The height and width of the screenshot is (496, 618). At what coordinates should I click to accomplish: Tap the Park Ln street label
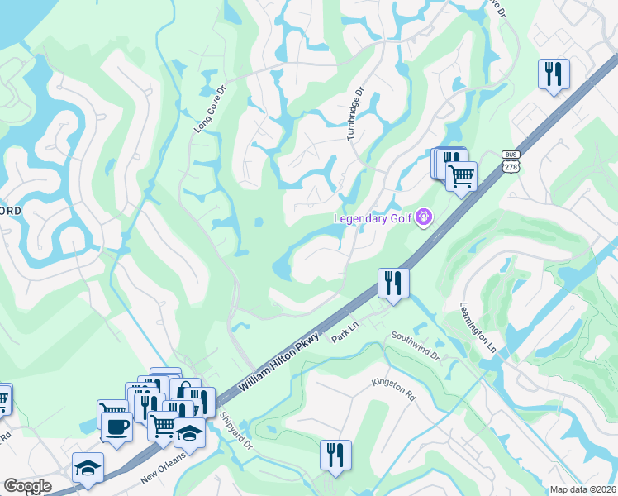345,334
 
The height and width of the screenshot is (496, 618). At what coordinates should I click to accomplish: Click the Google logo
27,486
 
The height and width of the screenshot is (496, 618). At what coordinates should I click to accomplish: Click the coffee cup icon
116,427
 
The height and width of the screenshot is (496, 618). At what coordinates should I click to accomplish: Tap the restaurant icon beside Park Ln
393,282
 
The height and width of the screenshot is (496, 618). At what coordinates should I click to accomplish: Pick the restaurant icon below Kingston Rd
335,454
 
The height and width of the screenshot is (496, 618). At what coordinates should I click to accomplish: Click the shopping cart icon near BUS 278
461,174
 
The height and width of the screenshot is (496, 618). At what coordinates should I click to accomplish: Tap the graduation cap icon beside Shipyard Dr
189,432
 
